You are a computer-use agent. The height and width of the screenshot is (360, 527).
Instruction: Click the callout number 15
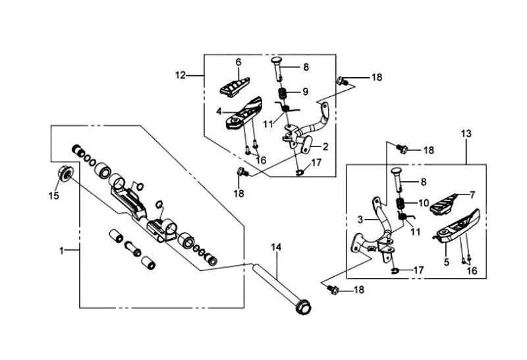pos(55,196)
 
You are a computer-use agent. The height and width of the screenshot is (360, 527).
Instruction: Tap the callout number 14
pos(276,248)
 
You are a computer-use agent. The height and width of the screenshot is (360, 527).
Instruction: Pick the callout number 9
pos(305,91)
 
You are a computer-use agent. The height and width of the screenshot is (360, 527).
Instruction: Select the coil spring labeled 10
pos(399,205)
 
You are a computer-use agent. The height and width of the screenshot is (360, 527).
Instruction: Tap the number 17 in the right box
pos(419,270)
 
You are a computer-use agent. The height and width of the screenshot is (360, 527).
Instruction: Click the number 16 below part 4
pos(262,160)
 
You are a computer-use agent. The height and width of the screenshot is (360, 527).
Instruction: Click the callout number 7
pos(471,195)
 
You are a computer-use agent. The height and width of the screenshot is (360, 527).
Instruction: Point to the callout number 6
pos(239,62)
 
